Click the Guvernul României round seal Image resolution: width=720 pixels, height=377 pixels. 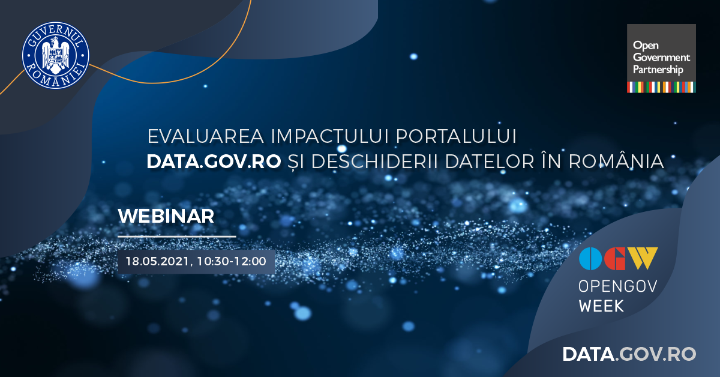(x=56, y=55)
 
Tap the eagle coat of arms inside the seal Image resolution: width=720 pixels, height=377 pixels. (x=56, y=55)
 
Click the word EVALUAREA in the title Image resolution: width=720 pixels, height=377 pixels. (x=206, y=136)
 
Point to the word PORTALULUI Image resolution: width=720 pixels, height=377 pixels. (x=456, y=136)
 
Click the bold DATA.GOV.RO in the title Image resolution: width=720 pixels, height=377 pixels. (x=214, y=161)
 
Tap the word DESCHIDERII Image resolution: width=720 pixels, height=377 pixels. (x=374, y=161)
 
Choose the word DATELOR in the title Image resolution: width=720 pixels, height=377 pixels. (x=489, y=161)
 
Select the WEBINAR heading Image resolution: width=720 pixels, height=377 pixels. (x=166, y=216)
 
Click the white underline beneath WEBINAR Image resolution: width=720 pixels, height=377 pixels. (x=177, y=237)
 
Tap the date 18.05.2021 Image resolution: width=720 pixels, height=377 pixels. (x=157, y=261)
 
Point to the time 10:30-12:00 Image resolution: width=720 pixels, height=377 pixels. (x=232, y=261)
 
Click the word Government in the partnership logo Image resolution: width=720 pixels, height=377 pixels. (x=661, y=57)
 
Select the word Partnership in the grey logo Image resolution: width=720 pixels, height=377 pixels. (x=658, y=70)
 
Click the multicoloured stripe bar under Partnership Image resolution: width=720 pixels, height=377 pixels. (x=661, y=87)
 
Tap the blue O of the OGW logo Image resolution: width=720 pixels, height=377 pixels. (x=590, y=259)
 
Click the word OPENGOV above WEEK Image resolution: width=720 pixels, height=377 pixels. (x=617, y=286)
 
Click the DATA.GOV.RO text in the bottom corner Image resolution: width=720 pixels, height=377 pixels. (x=629, y=354)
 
